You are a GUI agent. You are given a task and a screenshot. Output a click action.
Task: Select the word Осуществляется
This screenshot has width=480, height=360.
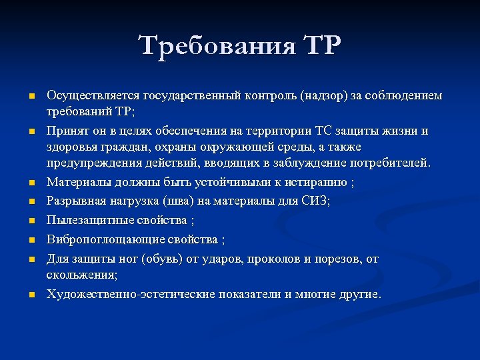[84, 96]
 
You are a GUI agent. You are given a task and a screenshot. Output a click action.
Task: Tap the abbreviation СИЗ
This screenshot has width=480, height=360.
[316, 201]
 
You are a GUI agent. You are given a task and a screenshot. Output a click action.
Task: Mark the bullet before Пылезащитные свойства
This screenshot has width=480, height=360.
[30, 220]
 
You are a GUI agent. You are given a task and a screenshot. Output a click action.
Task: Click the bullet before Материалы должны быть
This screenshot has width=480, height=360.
[30, 183]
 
